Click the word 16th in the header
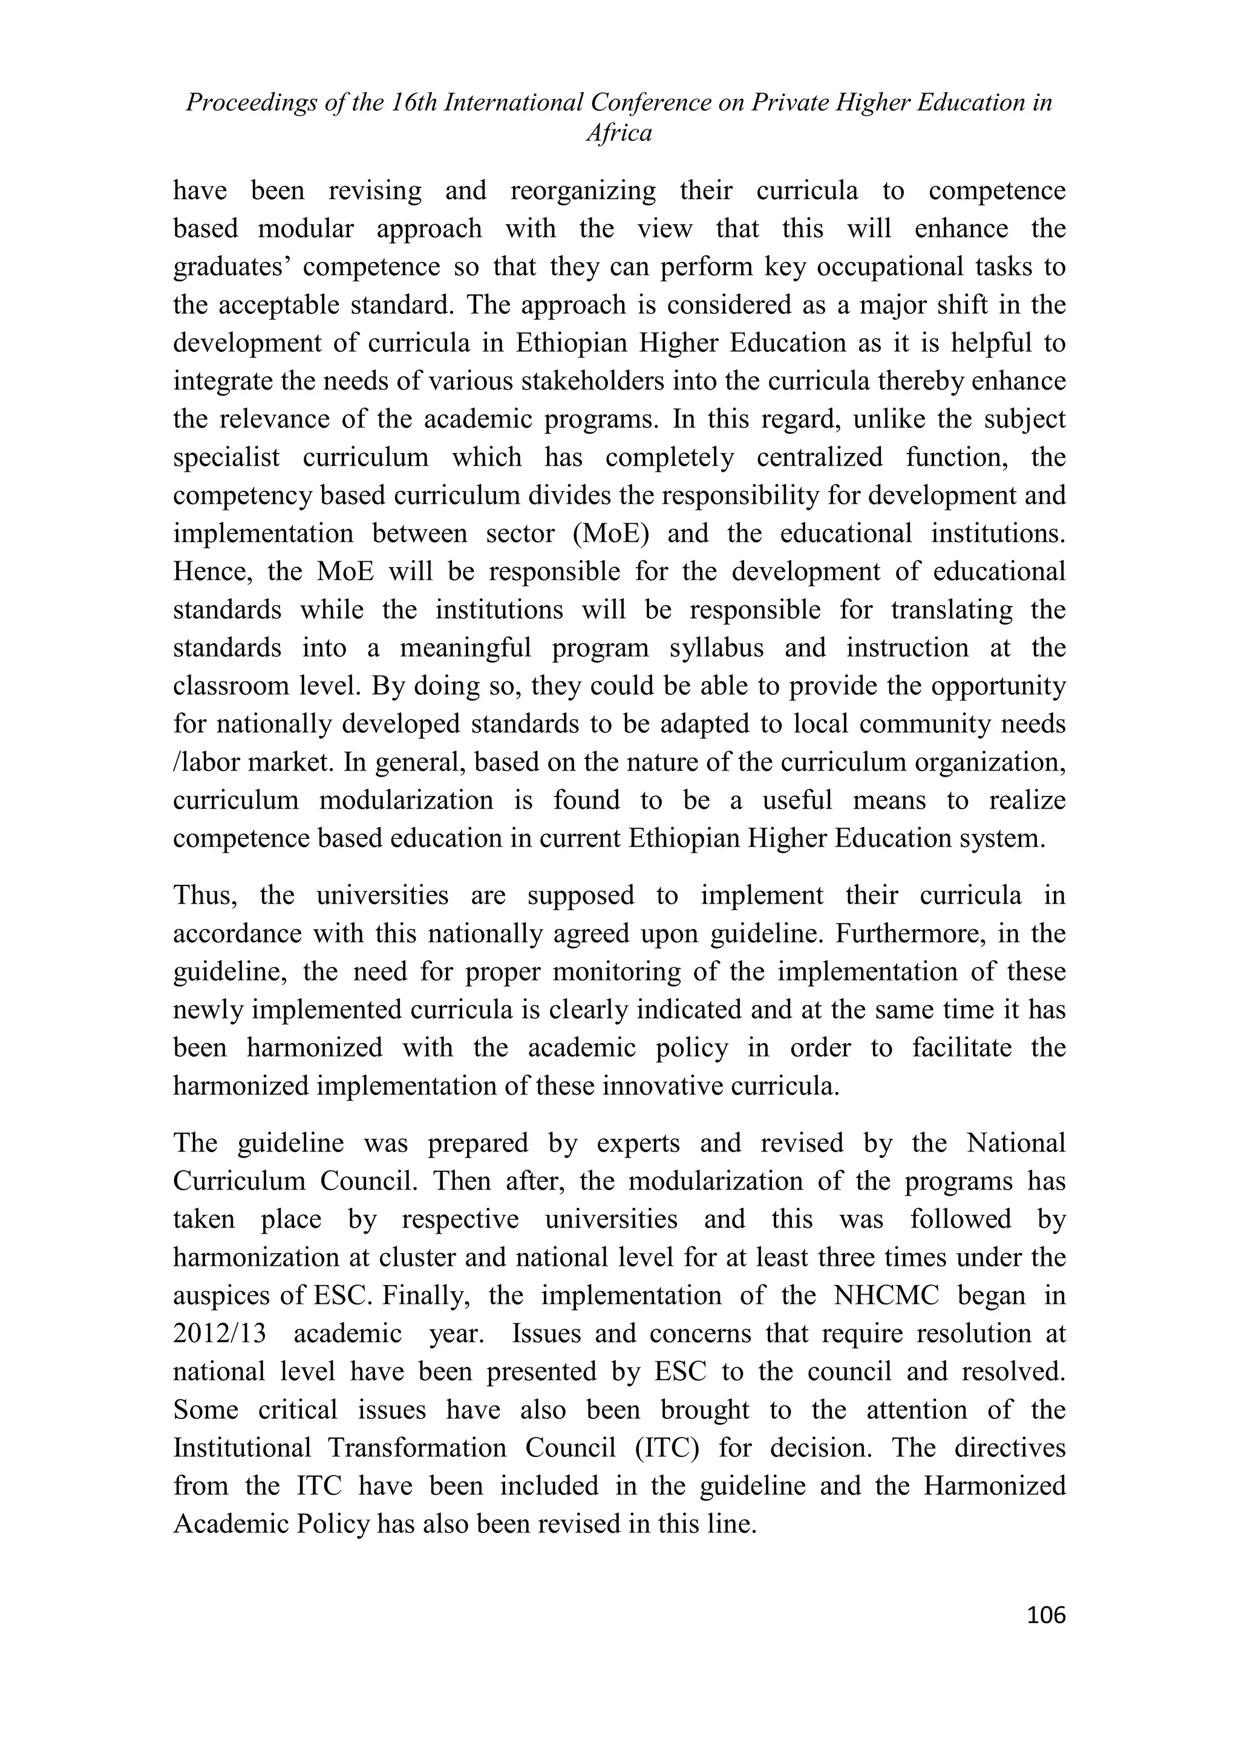pos(413,102)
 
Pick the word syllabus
pos(716,648)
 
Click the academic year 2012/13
pos(220,1334)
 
